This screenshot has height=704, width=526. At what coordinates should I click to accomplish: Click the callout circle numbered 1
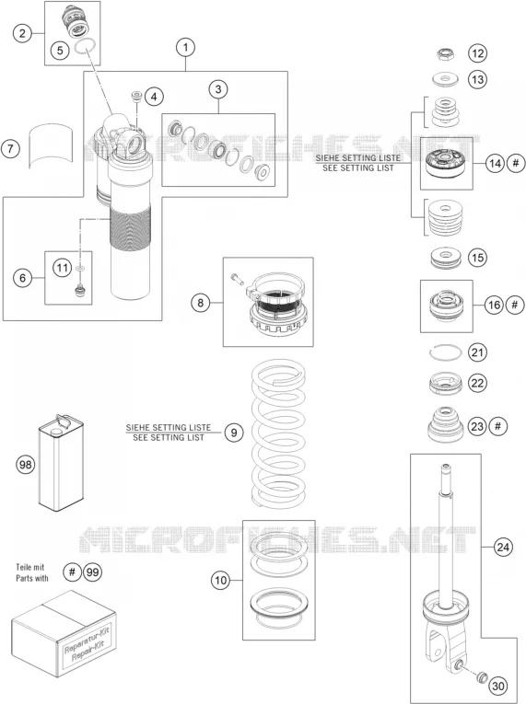(186, 47)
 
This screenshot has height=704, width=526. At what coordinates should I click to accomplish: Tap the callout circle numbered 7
(11, 148)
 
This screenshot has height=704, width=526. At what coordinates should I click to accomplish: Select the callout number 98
(26, 463)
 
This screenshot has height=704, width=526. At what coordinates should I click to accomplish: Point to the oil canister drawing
(61, 463)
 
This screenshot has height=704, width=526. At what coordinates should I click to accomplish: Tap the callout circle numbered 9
(234, 433)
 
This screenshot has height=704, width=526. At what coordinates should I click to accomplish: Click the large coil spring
(278, 434)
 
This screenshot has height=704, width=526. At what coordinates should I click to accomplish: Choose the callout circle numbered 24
(503, 547)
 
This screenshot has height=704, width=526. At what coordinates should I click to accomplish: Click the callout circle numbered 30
(497, 686)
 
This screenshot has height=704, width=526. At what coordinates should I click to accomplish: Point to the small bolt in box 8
(237, 278)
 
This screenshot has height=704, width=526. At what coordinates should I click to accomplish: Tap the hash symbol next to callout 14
(516, 163)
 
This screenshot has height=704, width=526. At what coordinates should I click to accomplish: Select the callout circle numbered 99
(93, 572)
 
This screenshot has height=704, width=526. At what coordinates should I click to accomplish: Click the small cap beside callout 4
(136, 96)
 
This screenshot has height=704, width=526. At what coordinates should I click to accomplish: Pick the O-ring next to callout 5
(85, 46)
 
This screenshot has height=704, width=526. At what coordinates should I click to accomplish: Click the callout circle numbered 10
(221, 580)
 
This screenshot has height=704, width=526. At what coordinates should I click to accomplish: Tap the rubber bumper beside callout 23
(446, 423)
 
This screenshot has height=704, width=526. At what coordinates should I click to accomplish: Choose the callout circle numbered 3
(218, 89)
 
